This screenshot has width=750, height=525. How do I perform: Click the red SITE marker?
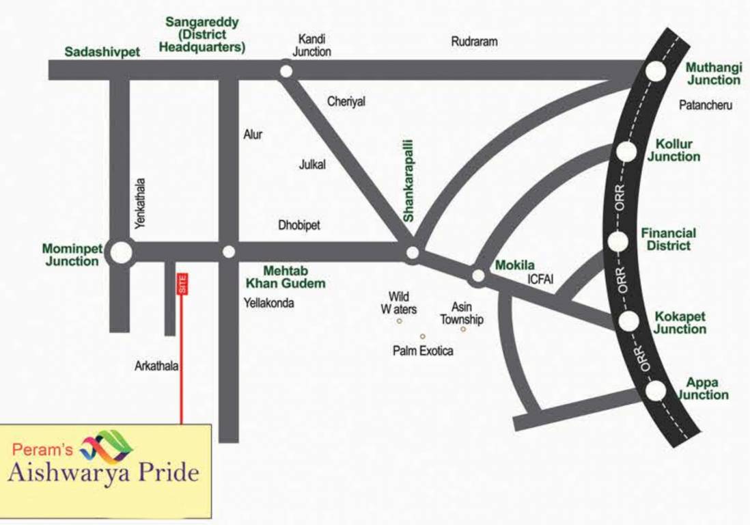182,284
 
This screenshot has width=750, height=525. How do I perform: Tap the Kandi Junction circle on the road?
286,70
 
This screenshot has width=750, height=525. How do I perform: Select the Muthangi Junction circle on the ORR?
655,70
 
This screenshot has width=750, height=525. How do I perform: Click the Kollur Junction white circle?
626,152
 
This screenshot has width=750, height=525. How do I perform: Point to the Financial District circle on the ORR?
618,241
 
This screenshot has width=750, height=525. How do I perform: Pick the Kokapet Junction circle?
629,321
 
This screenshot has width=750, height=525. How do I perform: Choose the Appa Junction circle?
655,390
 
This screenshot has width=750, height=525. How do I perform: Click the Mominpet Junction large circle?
122,252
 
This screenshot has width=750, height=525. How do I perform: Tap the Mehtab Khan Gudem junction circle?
229,252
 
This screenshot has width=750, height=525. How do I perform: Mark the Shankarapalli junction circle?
412,254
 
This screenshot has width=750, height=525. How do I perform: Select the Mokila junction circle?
477,276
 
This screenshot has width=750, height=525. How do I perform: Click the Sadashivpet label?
102,52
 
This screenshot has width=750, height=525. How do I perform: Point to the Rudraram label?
474,42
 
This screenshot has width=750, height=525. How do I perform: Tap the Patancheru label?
706,105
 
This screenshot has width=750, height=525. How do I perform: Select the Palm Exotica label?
423,351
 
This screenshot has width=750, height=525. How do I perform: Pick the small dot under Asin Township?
463,329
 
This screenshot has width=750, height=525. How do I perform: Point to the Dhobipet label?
299,225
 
